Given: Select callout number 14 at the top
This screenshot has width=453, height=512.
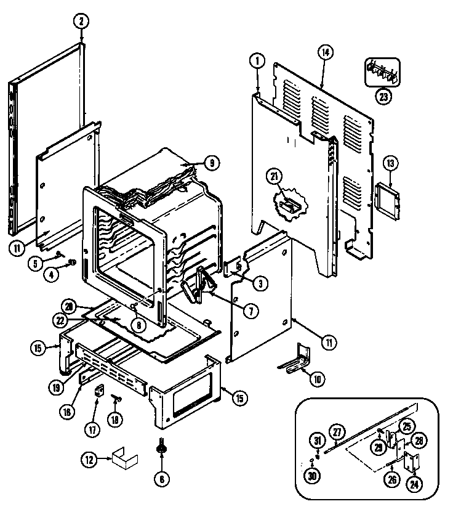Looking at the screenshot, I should point(324,53).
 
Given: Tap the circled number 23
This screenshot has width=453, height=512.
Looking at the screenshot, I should point(383,96).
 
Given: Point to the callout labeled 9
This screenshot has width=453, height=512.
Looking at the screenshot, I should point(210,163).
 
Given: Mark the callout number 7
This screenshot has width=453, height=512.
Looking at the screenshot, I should point(250,311).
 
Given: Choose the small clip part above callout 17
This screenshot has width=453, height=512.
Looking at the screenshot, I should point(97,390).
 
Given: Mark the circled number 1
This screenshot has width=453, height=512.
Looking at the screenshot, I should point(256,60).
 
